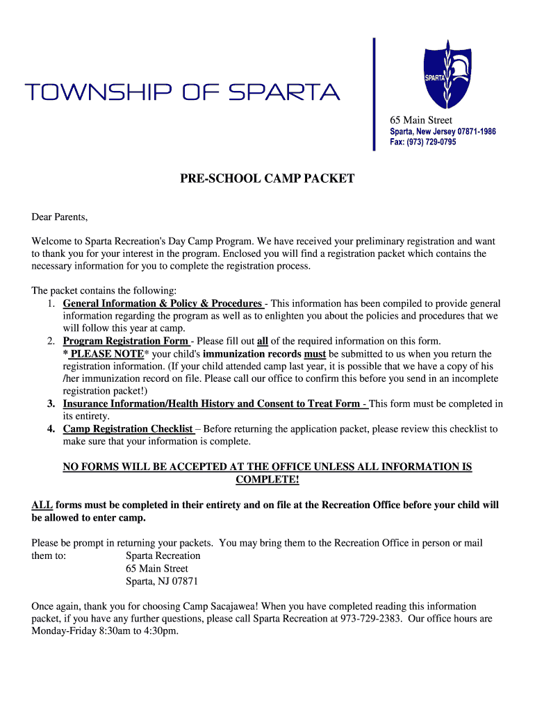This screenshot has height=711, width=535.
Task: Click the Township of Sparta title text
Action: [182, 92]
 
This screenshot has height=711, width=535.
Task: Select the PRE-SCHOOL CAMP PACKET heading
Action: [267, 179]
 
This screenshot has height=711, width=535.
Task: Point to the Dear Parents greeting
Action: [60, 217]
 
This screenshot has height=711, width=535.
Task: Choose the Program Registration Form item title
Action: [126, 341]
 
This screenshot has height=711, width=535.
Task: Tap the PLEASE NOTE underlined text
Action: [106, 353]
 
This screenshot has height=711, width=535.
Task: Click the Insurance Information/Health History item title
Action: [211, 403]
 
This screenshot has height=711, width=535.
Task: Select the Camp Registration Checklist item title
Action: [128, 429]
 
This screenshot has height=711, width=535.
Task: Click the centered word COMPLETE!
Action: [267, 480]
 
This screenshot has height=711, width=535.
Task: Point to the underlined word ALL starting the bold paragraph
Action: [42, 505]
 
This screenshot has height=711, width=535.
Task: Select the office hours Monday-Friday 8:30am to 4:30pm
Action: [105, 631]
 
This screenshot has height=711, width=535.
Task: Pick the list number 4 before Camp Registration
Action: [51, 429]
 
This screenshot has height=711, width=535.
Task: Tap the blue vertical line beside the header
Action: [374, 94]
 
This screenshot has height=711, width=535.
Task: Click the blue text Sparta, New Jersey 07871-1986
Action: [443, 131]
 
